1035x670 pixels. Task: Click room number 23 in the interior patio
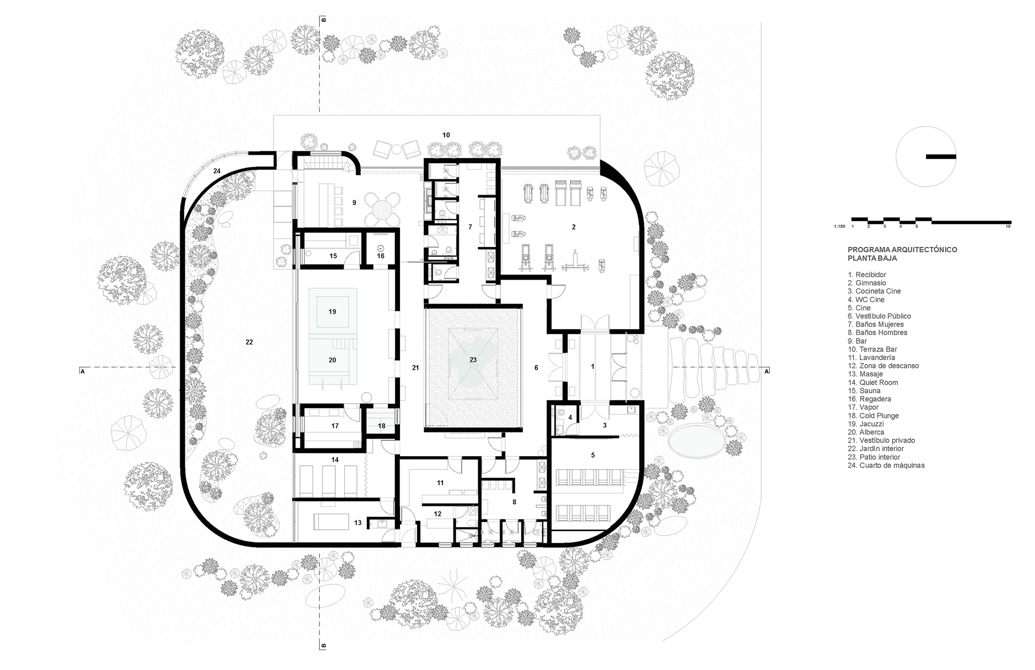(x=473, y=359)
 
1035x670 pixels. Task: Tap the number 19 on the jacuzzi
(x=332, y=311)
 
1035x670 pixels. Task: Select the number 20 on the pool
(x=332, y=359)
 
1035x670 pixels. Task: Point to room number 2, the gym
(x=573, y=227)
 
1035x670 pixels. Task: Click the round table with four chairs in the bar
(x=383, y=209)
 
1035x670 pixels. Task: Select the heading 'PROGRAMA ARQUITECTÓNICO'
(x=902, y=250)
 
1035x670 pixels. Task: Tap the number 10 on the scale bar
(x=1008, y=226)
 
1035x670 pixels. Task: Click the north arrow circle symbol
(x=926, y=156)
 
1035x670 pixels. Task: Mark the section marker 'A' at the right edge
(x=767, y=371)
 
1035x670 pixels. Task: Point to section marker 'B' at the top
(x=324, y=20)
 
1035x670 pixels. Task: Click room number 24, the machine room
(x=217, y=171)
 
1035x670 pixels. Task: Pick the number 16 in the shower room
(x=380, y=256)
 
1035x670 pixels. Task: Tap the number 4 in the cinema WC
(x=570, y=417)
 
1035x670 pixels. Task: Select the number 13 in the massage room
(x=358, y=523)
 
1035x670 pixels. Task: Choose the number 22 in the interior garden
(x=249, y=342)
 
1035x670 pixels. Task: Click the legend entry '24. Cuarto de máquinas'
(x=886, y=465)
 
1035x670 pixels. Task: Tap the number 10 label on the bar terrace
(x=446, y=135)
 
